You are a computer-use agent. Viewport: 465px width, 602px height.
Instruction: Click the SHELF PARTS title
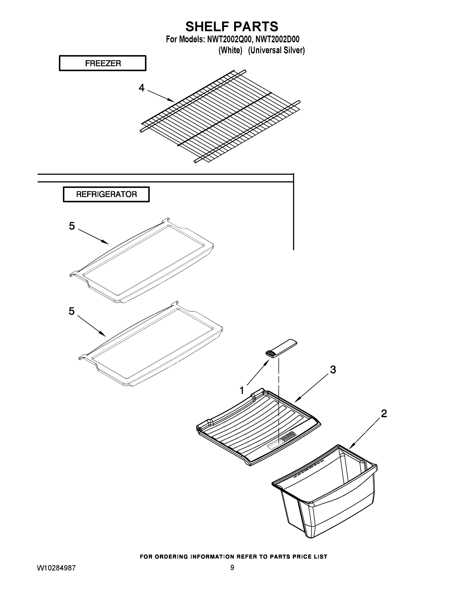click(232, 27)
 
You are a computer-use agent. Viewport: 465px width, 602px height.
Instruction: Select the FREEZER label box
click(103, 63)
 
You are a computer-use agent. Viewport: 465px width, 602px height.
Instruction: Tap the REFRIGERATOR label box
click(106, 194)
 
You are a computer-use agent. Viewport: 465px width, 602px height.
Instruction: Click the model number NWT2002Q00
click(229, 39)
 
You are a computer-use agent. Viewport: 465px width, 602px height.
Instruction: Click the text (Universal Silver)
click(276, 50)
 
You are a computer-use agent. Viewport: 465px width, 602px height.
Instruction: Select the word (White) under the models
click(230, 50)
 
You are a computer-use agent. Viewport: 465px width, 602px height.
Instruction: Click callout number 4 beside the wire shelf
click(141, 88)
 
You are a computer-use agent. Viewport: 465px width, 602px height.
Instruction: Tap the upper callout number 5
click(72, 226)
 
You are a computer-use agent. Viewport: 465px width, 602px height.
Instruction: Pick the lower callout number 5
click(72, 311)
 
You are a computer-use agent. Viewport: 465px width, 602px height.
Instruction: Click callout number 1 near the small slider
click(242, 390)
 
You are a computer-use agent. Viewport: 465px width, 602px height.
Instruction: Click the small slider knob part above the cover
click(281, 349)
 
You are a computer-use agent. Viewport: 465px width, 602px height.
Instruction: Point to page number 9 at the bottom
click(232, 568)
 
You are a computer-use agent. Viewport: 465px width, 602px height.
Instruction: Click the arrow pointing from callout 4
click(161, 96)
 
